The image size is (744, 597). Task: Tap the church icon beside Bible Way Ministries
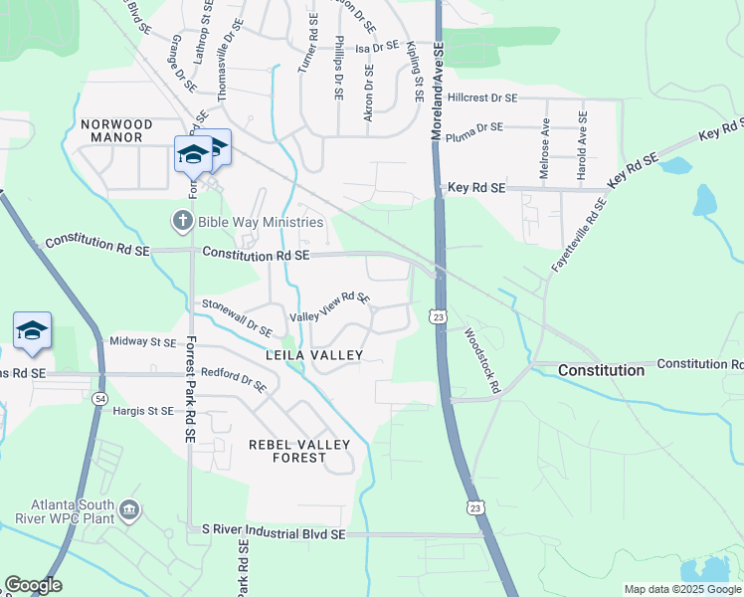pyautogui.click(x=182, y=220)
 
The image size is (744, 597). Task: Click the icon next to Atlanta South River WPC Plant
pyautogui.click(x=129, y=511)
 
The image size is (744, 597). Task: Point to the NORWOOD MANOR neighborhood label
pyautogui.click(x=117, y=132)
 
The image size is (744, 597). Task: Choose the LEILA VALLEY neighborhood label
pyautogui.click(x=314, y=354)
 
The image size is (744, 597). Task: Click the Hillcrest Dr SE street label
pyautogui.click(x=482, y=98)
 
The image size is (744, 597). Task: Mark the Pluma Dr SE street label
pyautogui.click(x=475, y=127)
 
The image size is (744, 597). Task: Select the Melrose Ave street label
pyautogui.click(x=544, y=149)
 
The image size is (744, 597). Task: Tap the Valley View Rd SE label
pyautogui.click(x=329, y=306)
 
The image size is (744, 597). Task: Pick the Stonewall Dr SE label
pyautogui.click(x=238, y=317)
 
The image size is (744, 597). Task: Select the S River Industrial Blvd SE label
pyautogui.click(x=273, y=534)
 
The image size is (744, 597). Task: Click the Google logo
pyautogui.click(x=33, y=585)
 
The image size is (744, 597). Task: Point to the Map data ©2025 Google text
pyautogui.click(x=682, y=589)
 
